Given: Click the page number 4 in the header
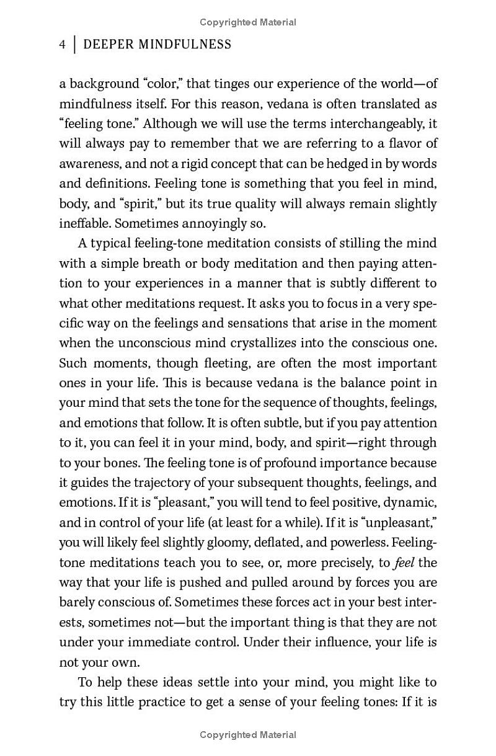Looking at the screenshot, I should pos(63,45).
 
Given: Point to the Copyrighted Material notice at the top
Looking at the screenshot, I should pos(248,22).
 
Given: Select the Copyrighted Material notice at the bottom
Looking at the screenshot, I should pos(248,735).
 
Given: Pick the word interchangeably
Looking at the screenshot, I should pos(370,123).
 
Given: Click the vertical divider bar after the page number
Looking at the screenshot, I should pos(74,45).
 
